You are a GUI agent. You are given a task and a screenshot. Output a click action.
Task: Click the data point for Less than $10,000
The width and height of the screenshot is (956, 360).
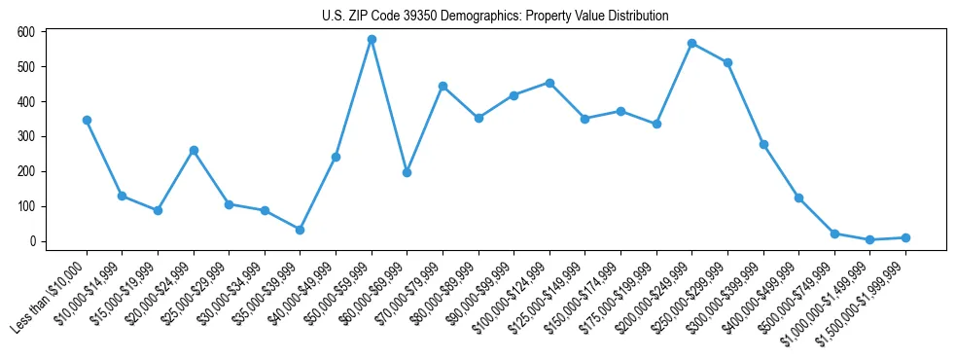[87, 120]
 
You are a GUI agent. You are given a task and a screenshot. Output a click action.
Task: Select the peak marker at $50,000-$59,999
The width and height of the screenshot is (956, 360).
[372, 39]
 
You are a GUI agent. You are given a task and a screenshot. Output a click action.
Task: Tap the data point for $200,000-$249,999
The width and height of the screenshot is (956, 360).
[691, 43]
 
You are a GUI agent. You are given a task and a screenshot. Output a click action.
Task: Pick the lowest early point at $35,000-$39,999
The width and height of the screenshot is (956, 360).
[300, 230]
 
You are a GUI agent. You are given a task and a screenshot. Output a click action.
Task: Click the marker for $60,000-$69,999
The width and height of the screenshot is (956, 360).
[407, 172]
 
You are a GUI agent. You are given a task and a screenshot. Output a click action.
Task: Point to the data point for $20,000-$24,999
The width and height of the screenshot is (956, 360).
[194, 150]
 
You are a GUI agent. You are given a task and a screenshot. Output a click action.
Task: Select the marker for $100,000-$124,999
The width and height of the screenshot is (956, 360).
[549, 83]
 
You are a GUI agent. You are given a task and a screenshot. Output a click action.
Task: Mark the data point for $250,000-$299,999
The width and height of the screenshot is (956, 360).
[727, 62]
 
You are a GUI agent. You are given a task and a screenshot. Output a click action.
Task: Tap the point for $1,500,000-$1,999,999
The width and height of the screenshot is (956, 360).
[905, 237]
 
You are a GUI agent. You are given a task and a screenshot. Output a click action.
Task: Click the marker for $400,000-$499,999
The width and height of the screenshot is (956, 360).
[798, 198]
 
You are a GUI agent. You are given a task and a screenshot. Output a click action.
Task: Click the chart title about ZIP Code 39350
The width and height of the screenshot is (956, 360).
[495, 16]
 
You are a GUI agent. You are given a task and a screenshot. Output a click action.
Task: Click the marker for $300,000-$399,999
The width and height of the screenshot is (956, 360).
[763, 144]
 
